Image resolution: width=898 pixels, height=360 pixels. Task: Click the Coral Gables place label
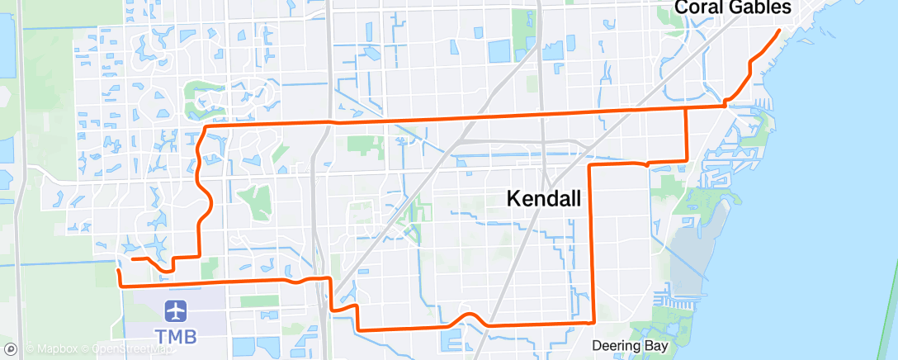click(733, 7)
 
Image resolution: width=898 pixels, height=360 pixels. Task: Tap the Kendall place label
click(544, 198)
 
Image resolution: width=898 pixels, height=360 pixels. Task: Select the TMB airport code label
click(175, 337)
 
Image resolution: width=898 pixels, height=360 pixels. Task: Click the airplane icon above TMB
click(175, 312)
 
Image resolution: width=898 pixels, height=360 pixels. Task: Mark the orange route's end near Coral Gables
click(779, 31)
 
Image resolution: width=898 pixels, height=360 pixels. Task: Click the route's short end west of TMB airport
click(118, 270)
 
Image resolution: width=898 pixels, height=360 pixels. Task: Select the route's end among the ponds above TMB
click(132, 259)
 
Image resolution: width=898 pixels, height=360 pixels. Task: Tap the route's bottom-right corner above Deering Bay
click(593, 321)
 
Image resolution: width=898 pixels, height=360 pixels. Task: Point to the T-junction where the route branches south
click(687, 107)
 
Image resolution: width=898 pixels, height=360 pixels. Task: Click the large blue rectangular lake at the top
click(500, 51)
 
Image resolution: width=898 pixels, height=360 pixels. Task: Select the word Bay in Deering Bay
click(657, 346)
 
